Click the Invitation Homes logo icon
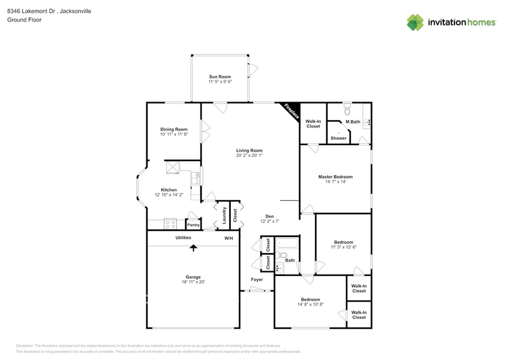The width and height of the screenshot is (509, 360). [x=415, y=22]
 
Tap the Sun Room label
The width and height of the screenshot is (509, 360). [x=219, y=77]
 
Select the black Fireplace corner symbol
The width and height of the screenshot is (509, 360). [x=291, y=110]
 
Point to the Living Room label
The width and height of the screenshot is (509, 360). [x=249, y=151]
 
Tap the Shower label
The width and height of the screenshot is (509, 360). [x=339, y=138]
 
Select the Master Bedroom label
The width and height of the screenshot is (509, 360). [x=335, y=177]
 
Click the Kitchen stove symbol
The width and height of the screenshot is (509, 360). [x=170, y=223]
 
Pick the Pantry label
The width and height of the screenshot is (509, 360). [x=193, y=225]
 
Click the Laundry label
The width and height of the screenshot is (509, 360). [x=224, y=215]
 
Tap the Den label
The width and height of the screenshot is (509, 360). [x=269, y=216]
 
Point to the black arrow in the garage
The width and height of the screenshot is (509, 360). [x=194, y=247]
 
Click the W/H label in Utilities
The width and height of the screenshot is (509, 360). [x=228, y=238]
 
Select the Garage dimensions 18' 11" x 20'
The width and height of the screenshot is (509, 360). [x=193, y=282]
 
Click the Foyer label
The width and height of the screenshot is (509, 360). [x=257, y=280]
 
